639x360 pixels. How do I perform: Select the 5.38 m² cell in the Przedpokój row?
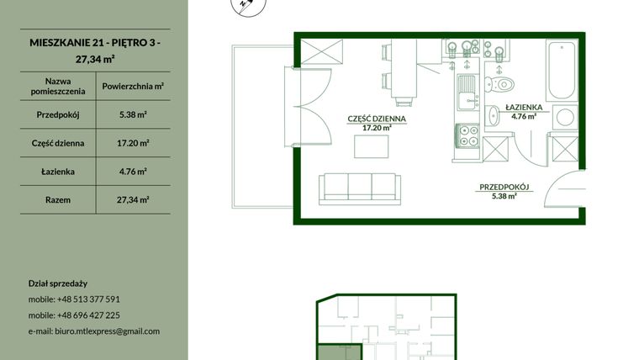pyautogui.click(x=133, y=115)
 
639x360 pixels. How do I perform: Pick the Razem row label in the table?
pyautogui.click(x=58, y=200)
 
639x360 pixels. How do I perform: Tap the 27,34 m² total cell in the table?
pyautogui.click(x=133, y=200)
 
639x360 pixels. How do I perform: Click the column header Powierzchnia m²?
pyautogui.click(x=133, y=87)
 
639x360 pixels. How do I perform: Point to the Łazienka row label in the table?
pyautogui.click(x=58, y=172)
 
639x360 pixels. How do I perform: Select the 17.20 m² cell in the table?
pyautogui.click(x=133, y=144)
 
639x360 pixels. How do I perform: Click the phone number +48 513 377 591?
pyautogui.click(x=88, y=299)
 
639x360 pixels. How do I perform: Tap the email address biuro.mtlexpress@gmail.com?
pyautogui.click(x=107, y=331)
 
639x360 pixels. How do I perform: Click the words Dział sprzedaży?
pyautogui.click(x=58, y=283)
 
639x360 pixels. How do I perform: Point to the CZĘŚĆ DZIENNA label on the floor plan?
pyautogui.click(x=377, y=119)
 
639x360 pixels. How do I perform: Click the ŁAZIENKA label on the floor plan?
pyautogui.click(x=524, y=108)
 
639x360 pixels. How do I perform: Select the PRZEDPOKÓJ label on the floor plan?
pyautogui.click(x=504, y=187)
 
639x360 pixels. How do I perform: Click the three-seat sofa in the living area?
pyautogui.click(x=360, y=188)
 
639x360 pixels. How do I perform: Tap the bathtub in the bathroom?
pyautogui.click(x=562, y=70)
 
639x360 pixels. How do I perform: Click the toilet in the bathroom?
pyautogui.click(x=499, y=84)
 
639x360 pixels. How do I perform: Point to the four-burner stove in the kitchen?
pyautogui.click(x=467, y=135)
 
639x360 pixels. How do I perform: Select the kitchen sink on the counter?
pyautogui.click(x=467, y=93)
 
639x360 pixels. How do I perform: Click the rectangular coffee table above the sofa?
pyautogui.click(x=372, y=146)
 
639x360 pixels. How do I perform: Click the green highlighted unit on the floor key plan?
pyautogui.click(x=339, y=352)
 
